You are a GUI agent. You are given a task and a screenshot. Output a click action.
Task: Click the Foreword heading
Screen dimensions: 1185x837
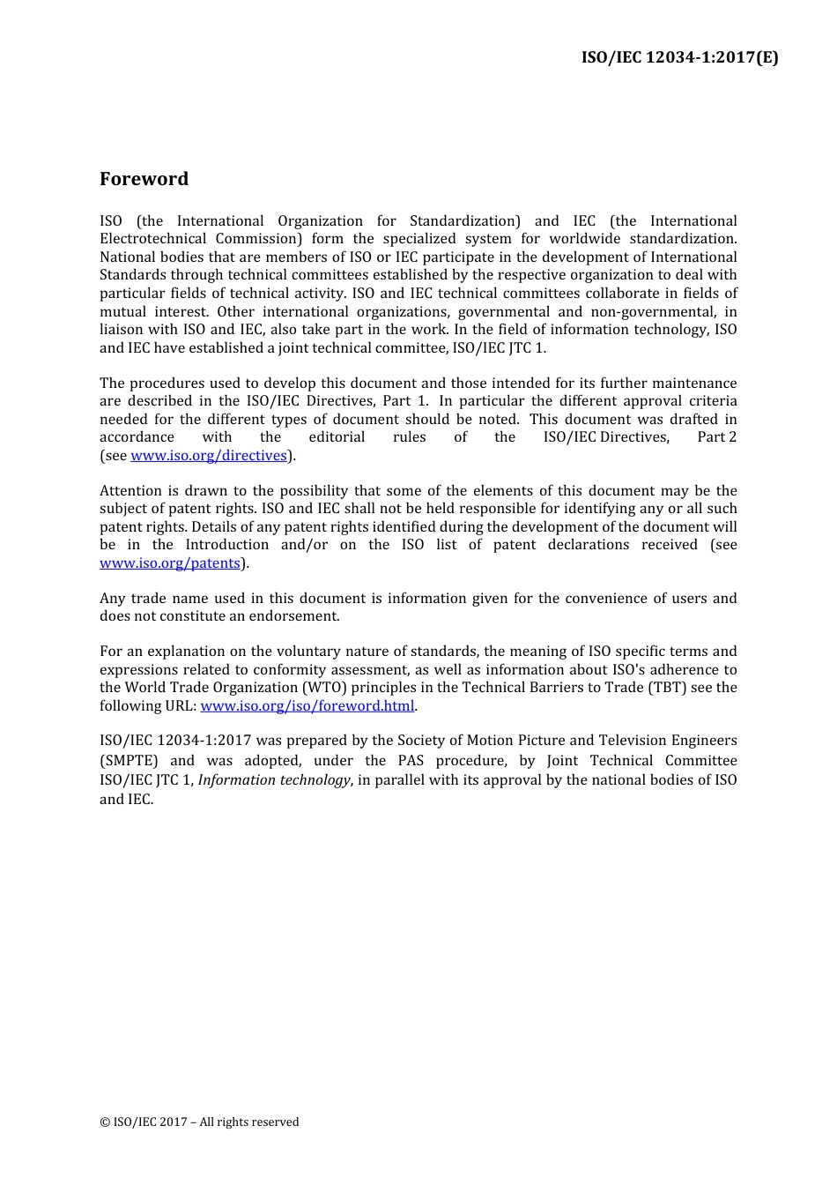[144, 179]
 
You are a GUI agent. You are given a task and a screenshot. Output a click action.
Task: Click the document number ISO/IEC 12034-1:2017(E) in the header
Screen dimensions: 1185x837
[679, 57]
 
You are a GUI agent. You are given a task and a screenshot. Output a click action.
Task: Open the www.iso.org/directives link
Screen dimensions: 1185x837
[209, 456]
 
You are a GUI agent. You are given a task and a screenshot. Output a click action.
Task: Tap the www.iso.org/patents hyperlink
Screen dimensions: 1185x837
[170, 563]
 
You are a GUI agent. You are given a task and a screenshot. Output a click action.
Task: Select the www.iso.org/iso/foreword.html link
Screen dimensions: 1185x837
[307, 706]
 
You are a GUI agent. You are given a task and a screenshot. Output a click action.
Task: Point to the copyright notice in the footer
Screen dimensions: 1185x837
[199, 1122]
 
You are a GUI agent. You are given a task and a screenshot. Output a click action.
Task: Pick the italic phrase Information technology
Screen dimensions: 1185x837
[274, 780]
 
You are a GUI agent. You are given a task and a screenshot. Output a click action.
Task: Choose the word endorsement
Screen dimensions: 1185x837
[295, 616]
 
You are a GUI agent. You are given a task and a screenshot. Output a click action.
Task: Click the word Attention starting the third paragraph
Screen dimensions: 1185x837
[130, 491]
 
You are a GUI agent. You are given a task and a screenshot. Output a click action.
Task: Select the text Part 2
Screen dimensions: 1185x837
[716, 437]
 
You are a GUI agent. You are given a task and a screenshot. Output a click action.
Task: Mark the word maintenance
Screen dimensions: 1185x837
[691, 384]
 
